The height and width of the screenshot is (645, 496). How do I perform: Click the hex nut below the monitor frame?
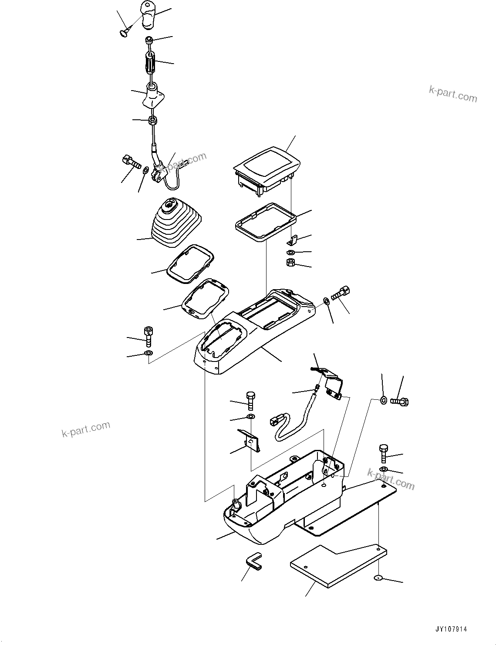pos(290,263)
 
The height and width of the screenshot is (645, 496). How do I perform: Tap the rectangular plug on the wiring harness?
pos(275,421)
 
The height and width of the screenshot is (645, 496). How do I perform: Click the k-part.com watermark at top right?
pos(453,93)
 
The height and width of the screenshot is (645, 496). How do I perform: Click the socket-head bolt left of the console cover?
pos(148,336)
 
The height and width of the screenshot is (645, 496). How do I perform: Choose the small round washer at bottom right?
pos(378,577)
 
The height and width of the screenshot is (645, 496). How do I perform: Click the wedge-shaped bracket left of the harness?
pos(253,440)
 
